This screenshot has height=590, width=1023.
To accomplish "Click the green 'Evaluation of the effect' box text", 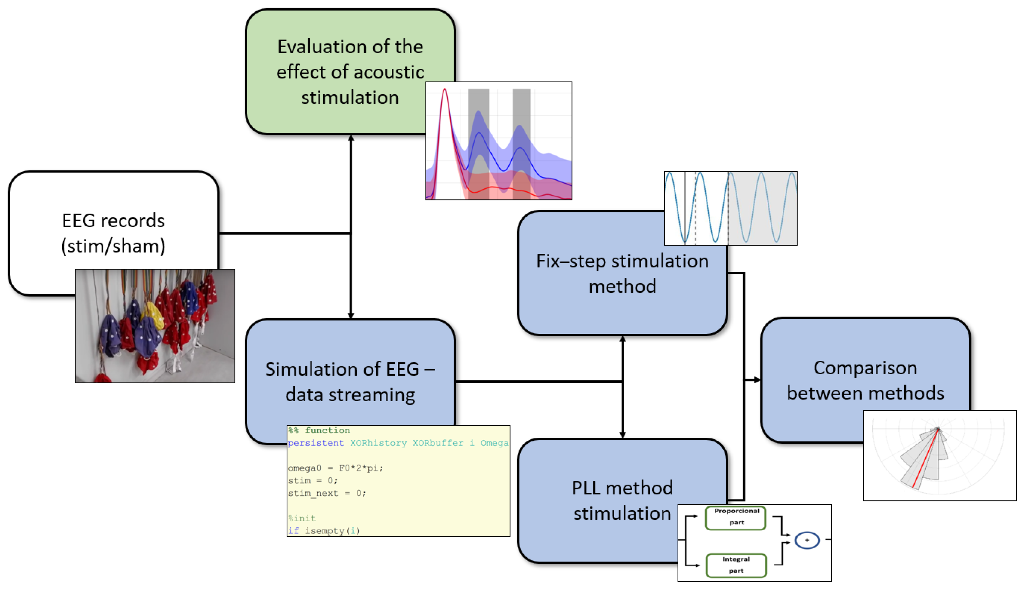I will pos(350,72).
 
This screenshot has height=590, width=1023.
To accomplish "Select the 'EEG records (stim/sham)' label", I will pos(113,233).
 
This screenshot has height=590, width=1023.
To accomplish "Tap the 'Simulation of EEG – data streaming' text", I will pos(350,381).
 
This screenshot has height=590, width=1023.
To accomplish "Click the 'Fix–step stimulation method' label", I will pos(622,273).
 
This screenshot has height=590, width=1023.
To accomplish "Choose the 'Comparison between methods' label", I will pos(865,380).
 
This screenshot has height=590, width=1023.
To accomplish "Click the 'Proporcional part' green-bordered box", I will pos(736,517).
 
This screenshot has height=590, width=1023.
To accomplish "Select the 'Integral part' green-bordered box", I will pos(736,565).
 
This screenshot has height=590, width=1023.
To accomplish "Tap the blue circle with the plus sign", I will pos(807,540).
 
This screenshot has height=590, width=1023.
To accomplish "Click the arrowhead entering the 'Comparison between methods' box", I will pos(757,380).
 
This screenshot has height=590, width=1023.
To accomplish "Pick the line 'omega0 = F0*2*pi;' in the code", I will pos(335,468).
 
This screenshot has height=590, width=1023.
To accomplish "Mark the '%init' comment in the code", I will pos(302,518).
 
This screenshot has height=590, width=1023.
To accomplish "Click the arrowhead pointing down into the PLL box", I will pos(623,434).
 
